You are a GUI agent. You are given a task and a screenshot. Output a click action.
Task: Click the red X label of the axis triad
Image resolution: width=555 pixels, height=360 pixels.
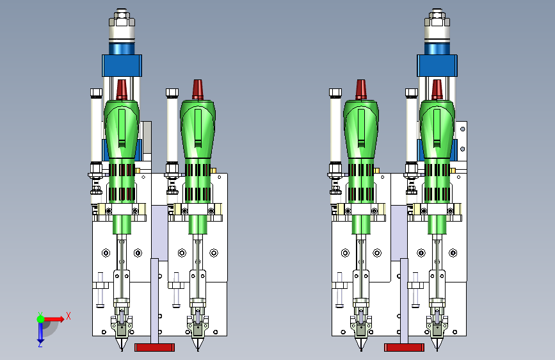(x=68, y=316)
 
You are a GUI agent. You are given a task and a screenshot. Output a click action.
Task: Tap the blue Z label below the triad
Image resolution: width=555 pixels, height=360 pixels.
(x=40, y=344)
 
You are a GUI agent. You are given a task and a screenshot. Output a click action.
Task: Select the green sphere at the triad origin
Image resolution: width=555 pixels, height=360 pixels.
(x=41, y=319)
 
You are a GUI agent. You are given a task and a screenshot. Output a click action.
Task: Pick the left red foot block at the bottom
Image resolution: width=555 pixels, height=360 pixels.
(x=155, y=347)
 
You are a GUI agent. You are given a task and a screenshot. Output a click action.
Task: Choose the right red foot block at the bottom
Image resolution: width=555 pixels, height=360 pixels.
(x=404, y=347)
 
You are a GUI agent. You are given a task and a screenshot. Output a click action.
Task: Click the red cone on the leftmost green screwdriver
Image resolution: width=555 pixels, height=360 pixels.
(x=122, y=90)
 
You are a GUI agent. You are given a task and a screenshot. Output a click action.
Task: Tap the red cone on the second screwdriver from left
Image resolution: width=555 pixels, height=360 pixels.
(x=198, y=89)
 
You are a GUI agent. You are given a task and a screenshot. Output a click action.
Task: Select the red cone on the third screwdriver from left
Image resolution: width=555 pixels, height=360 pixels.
(x=361, y=89)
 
